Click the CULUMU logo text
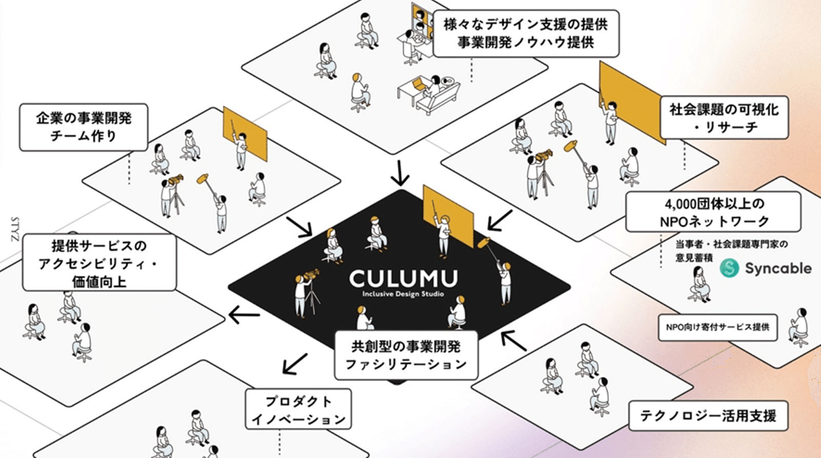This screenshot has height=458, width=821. pyautogui.click(x=403, y=279)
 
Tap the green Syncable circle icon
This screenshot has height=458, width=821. pyautogui.click(x=729, y=268)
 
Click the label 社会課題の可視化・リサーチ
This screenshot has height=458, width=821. pyautogui.click(x=724, y=117)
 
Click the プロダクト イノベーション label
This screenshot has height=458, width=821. pyautogui.click(x=298, y=410)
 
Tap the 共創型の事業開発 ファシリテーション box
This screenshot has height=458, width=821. pyautogui.click(x=406, y=354)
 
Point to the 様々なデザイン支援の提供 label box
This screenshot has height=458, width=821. pyautogui.click(x=526, y=33)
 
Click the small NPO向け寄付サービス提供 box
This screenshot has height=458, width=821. pyautogui.click(x=717, y=327)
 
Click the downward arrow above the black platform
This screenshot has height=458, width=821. pyautogui.click(x=400, y=173)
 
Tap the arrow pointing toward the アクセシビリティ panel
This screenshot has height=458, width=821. pyautogui.click(x=244, y=313)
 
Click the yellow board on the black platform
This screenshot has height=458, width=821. pyautogui.click(x=448, y=216)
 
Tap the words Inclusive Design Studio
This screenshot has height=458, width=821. pyautogui.click(x=403, y=294)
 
